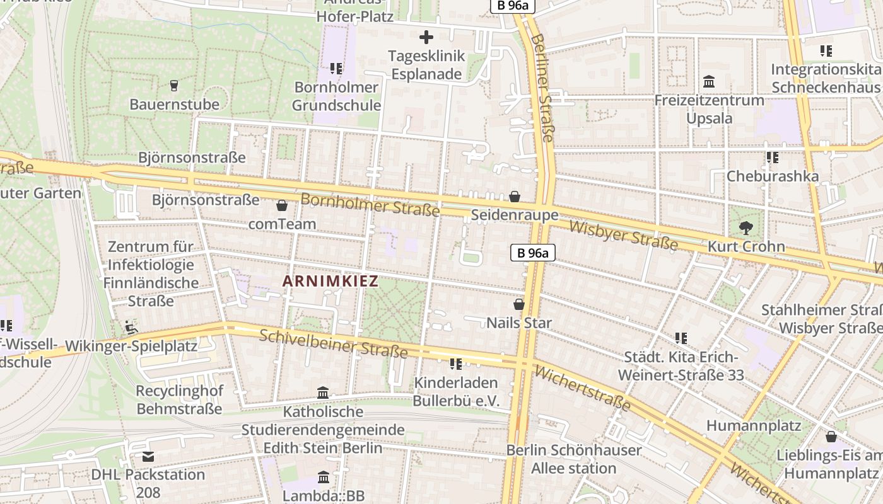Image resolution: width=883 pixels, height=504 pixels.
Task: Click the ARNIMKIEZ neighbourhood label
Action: [x=330, y=281]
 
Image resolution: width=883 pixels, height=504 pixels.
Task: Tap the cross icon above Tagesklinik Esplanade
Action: [x=426, y=37]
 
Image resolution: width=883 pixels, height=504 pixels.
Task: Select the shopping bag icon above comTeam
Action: [x=282, y=205]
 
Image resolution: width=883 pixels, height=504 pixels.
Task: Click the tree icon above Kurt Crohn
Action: [x=746, y=227]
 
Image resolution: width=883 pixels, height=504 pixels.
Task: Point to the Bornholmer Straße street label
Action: [x=370, y=204]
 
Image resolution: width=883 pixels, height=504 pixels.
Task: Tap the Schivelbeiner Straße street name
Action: [x=334, y=343]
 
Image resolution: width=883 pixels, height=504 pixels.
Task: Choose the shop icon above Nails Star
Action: [x=519, y=304]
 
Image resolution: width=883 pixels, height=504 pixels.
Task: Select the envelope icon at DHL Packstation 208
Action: [x=148, y=456]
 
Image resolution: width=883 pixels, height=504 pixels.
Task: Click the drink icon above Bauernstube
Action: [x=175, y=85]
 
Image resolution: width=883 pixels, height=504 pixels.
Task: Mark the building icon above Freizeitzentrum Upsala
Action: [x=709, y=82]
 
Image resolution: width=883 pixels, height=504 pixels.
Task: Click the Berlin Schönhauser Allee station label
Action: [x=574, y=459]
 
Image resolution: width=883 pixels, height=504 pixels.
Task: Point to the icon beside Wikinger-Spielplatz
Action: [x=131, y=327]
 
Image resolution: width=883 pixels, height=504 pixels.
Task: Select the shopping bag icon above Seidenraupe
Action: [x=515, y=197]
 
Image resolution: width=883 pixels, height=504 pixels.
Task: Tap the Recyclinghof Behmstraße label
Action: [x=180, y=400]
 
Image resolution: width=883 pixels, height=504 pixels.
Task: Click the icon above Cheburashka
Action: [x=772, y=157]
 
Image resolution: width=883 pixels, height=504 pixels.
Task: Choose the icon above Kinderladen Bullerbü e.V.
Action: [x=456, y=364]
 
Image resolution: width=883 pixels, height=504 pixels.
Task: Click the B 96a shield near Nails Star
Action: [x=533, y=253]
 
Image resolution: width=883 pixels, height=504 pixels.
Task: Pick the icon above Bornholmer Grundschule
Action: [x=336, y=68]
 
